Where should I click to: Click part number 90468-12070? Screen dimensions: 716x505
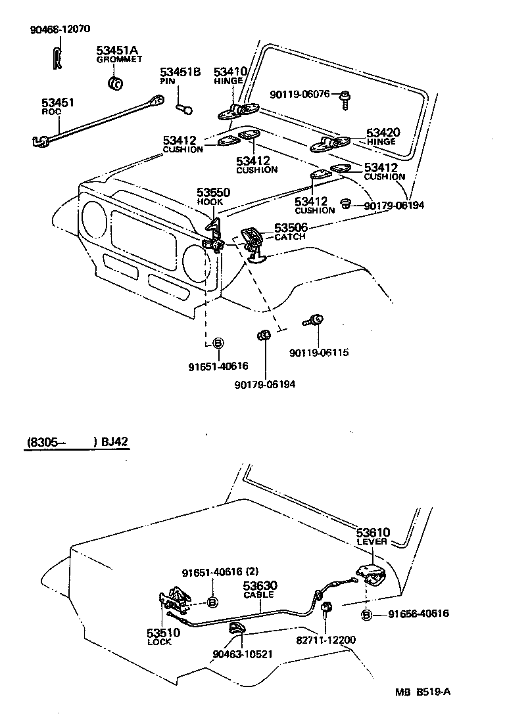(x=60, y=30)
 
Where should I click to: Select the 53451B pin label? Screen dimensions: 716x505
(x=180, y=72)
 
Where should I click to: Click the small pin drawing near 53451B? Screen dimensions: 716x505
(x=184, y=105)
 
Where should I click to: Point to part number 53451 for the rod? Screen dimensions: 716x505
(x=58, y=102)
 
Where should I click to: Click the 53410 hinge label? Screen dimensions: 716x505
(x=229, y=72)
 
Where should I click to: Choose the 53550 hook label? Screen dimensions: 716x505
(x=213, y=192)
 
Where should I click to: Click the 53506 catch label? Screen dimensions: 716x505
(x=290, y=227)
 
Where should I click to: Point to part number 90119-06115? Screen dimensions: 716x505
(x=318, y=353)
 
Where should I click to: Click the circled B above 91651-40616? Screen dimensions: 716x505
(x=218, y=343)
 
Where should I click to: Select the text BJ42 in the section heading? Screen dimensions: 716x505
(x=115, y=442)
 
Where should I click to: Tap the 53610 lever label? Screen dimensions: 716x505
(x=373, y=533)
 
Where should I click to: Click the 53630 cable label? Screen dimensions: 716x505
(x=260, y=585)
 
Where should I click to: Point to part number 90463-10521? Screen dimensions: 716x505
(x=242, y=654)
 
